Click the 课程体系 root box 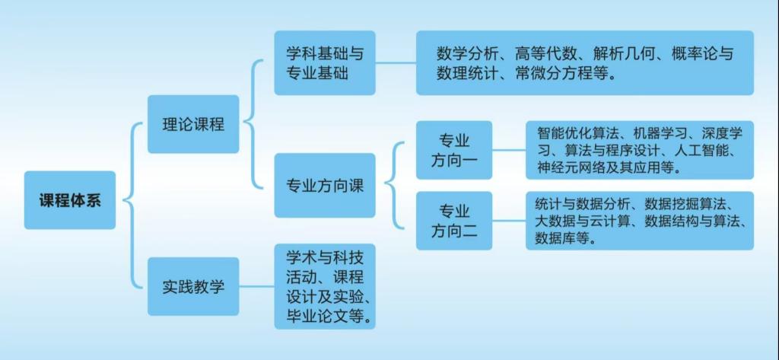coord(69,200)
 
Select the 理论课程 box coord(193,124)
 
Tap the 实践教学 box coord(193,286)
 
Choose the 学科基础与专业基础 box coord(325,62)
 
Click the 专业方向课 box coord(325,186)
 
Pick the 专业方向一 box coord(454,150)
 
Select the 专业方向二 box coord(454,221)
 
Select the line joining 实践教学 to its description coord(257,286)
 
